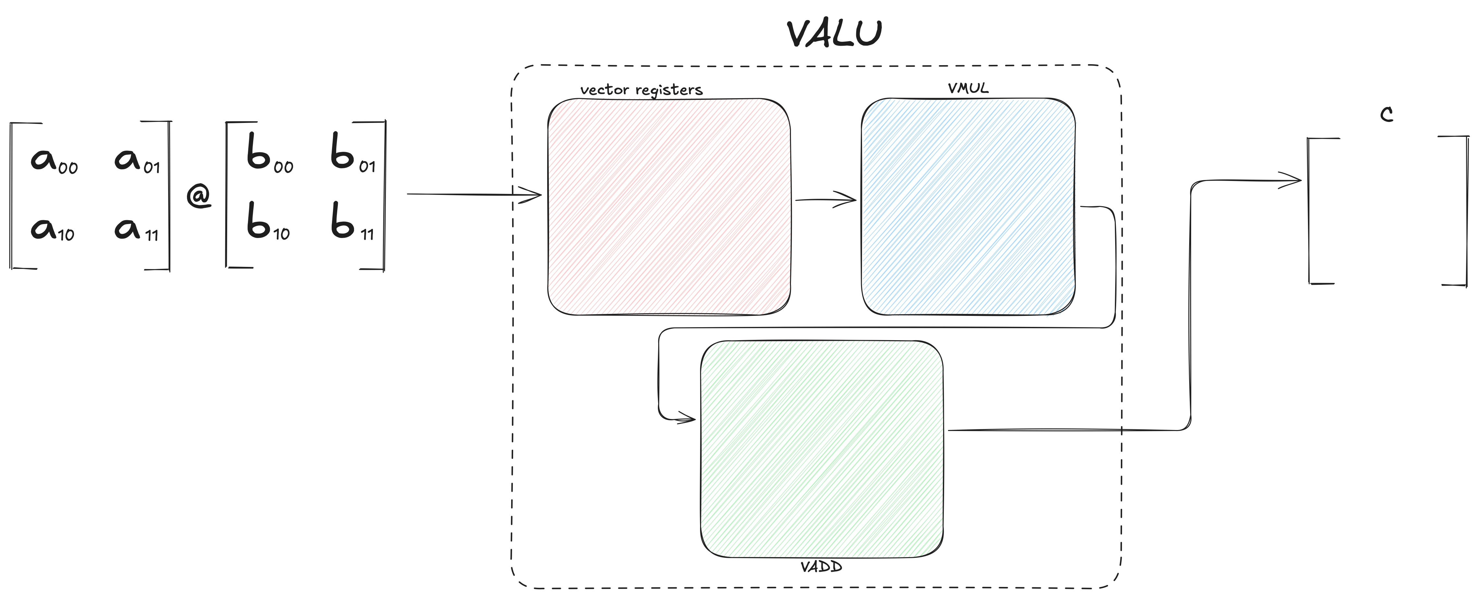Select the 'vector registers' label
click(641, 90)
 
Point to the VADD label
click(821, 567)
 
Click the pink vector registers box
click(669, 207)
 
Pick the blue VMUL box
click(968, 207)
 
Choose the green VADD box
click(821, 449)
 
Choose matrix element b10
click(268, 221)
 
